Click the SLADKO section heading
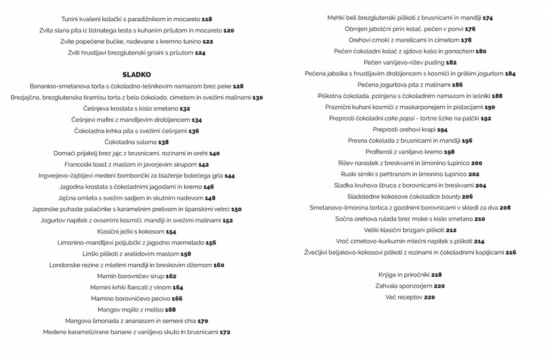pyautogui.click(x=136, y=75)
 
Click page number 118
pyautogui.click(x=207, y=19)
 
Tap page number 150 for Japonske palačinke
pyautogui.click(x=236, y=209)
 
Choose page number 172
pyautogui.click(x=225, y=332)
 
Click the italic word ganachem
pyautogui.click(x=459, y=51)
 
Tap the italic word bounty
pyautogui.click(x=449, y=197)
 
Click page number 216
pyautogui.click(x=511, y=253)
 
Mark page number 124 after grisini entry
pyautogui.click(x=200, y=53)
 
